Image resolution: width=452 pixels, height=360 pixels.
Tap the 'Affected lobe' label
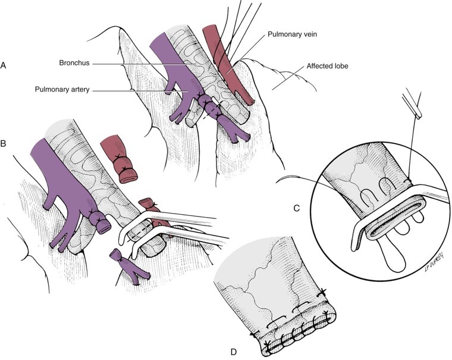pyautogui.click(x=328, y=67)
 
